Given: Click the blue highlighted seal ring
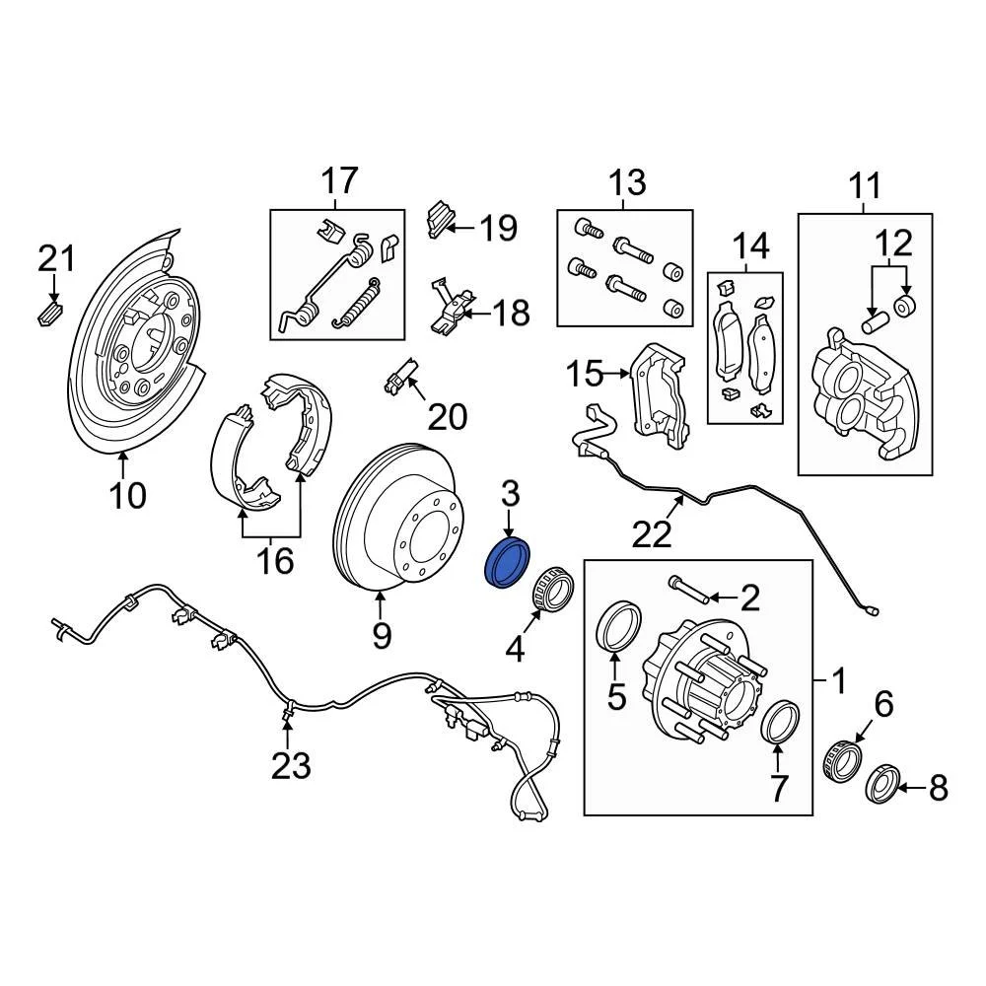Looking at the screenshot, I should coord(509,562).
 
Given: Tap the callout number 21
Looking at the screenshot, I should coord(56,259).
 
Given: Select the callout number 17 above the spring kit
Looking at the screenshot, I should coord(339,181).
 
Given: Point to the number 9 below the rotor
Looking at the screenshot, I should coord(382,636).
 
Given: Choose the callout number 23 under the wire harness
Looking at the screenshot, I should coord(292,764).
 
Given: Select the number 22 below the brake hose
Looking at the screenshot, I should coord(653,533).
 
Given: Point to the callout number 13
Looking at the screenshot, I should coord(627,182).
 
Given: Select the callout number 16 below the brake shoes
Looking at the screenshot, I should coord(276,561).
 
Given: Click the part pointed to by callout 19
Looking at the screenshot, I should coord(439,220).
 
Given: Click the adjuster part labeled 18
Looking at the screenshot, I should coord(452,306).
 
